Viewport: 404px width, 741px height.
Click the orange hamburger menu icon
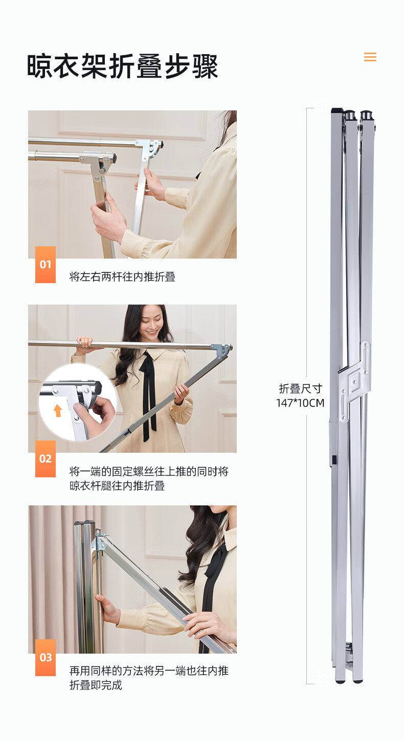pos(370,57)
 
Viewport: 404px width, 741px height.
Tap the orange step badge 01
pos(46,264)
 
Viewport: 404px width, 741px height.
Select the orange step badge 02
pos(46,458)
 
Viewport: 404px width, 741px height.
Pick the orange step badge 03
pos(46,657)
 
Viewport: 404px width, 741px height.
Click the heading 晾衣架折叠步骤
pos(122,66)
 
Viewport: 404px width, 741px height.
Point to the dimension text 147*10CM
pos(300,403)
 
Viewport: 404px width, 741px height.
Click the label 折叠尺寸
pos(300,388)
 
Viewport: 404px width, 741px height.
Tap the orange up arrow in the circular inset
pos(58,410)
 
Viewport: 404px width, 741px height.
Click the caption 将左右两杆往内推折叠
pos(122,276)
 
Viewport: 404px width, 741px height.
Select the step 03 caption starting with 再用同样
pos(149,678)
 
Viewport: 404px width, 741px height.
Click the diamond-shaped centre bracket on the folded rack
pos(355,382)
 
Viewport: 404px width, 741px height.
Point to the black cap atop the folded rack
pos(338,110)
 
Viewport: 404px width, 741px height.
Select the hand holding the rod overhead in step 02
pos(85,341)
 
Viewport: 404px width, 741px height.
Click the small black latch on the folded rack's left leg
pos(334,459)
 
